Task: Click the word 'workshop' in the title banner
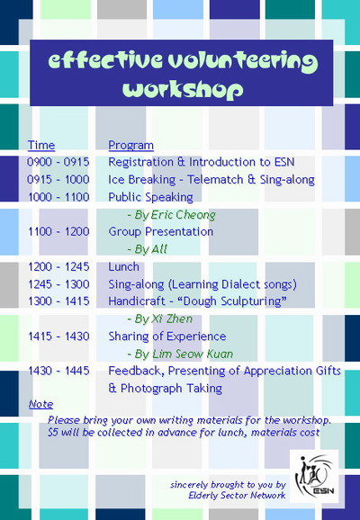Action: pos(183,90)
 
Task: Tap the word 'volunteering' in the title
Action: pos(242,60)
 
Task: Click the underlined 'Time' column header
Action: pos(41,145)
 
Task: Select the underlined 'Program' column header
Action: pos(130,146)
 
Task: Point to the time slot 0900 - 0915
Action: pos(58,162)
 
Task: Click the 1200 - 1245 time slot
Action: pos(58,267)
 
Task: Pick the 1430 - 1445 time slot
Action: pos(58,371)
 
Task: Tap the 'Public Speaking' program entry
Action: pos(150,197)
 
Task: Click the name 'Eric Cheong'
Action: pos(184,215)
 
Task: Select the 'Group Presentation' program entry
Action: pos(160,231)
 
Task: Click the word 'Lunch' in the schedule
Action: pos(123,267)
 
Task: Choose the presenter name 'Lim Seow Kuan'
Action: pos(193,354)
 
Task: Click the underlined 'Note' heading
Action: pos(40,404)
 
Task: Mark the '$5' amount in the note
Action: pos(52,433)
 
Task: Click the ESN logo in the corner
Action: pos(314,476)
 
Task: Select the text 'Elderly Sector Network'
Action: pos(237,496)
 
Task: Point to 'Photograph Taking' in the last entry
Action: pos(171,389)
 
